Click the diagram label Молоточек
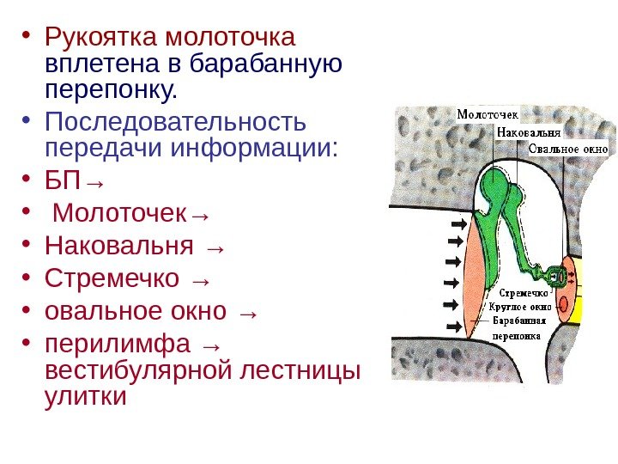(x=487, y=114)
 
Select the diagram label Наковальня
(x=528, y=132)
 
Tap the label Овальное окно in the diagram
(x=567, y=149)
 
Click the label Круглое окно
(x=519, y=306)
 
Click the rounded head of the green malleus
(x=494, y=184)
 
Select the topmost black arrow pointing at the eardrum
(x=457, y=223)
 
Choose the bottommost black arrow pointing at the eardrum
(x=456, y=326)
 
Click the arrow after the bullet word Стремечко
(x=201, y=280)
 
